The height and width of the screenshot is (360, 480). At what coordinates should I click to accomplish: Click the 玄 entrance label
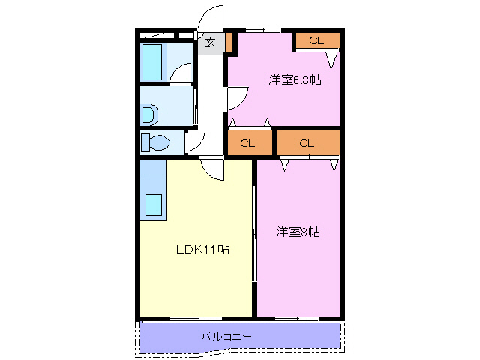point(210,43)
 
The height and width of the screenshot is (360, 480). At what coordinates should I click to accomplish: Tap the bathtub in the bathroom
point(153,61)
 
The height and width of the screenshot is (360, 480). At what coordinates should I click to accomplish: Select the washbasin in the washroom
point(149,114)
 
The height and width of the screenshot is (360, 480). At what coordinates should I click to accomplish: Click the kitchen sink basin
point(154,204)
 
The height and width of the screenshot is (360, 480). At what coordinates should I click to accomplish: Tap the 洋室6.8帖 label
point(295,79)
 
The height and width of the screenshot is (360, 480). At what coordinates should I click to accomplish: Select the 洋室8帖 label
point(298,232)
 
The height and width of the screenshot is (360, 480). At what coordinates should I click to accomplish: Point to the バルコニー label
point(226,337)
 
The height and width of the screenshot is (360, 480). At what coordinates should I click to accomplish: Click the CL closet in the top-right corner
point(316,40)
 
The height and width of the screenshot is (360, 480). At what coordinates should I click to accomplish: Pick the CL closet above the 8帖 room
point(307,142)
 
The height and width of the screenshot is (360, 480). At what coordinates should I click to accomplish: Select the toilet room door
point(194,140)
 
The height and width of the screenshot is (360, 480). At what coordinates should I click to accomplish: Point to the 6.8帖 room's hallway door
point(235,97)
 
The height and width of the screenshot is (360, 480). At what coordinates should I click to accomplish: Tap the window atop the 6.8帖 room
point(262,30)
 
